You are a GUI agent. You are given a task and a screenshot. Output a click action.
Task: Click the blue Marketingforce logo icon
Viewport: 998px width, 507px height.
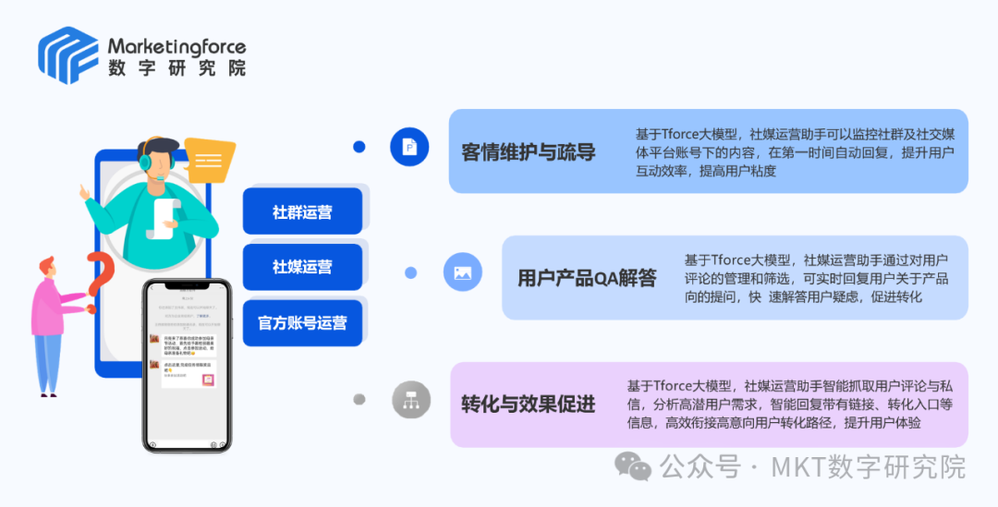click(x=67, y=54)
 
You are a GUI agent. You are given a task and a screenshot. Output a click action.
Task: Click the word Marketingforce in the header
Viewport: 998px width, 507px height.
click(x=176, y=45)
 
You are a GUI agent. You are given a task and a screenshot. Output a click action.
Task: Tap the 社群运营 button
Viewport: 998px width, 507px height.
click(x=302, y=211)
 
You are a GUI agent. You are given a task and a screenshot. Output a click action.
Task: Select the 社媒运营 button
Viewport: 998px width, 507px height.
click(x=302, y=267)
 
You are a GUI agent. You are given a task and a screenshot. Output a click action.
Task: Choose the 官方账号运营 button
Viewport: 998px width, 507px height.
click(x=302, y=322)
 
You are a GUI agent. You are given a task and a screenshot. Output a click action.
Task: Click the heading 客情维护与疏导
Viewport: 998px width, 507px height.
click(x=529, y=152)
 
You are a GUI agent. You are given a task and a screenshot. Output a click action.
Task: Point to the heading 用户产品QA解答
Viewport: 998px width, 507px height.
click(x=587, y=277)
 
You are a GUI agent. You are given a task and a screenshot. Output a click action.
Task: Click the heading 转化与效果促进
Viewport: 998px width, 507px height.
click(x=529, y=404)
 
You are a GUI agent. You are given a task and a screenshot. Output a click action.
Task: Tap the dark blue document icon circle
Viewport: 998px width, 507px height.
click(x=409, y=147)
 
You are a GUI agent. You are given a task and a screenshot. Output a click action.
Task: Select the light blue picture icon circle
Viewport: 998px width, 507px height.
click(x=463, y=272)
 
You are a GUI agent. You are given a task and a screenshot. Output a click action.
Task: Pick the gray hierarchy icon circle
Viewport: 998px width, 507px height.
click(x=411, y=400)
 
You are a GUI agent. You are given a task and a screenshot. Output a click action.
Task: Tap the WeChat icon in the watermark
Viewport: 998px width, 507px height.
click(x=634, y=465)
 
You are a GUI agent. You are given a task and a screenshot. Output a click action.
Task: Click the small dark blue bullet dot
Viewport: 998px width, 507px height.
click(x=359, y=147)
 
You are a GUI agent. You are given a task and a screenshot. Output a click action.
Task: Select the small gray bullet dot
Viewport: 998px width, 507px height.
click(x=359, y=399)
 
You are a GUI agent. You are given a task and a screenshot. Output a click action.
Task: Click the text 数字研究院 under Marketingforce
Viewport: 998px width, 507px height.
click(x=176, y=67)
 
